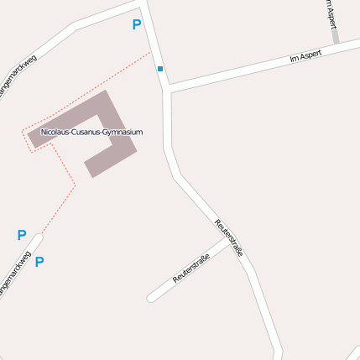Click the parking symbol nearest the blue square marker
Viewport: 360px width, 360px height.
click(x=137, y=25)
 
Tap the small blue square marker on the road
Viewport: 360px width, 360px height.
click(x=160, y=69)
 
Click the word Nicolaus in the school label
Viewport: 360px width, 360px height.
click(x=58, y=133)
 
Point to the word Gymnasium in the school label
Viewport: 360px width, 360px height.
click(x=123, y=133)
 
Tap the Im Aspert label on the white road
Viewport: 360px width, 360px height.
click(x=305, y=58)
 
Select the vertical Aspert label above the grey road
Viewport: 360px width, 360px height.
click(x=330, y=13)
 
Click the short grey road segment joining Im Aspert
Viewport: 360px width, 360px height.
click(x=335, y=36)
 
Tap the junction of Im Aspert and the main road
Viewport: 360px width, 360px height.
click(x=169, y=87)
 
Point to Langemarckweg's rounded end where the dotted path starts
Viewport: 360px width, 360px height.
click(x=38, y=237)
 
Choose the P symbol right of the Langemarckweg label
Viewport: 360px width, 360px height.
click(x=39, y=262)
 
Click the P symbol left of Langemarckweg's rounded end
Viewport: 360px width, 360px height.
click(x=22, y=236)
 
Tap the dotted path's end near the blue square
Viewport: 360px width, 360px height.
click(x=151, y=53)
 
